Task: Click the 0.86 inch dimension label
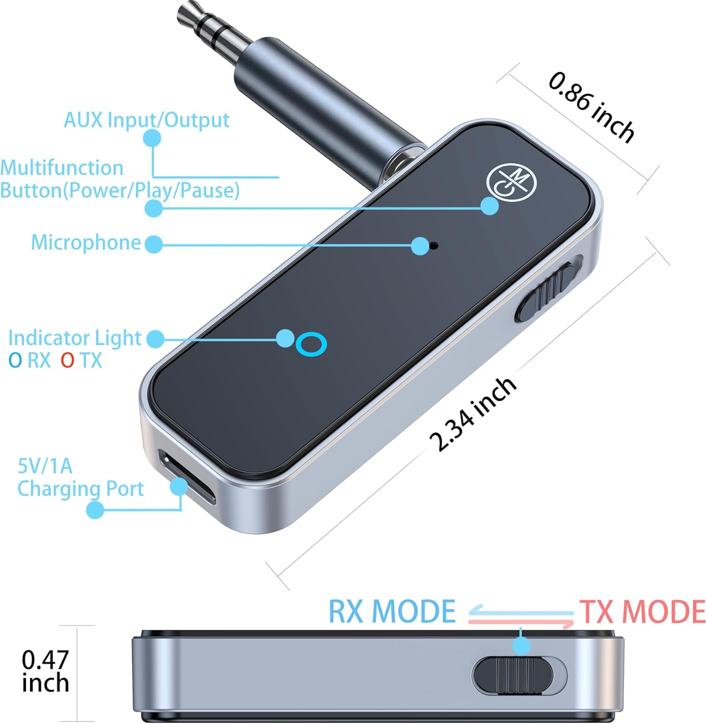tap(591, 107)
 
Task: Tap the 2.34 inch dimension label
tap(473, 414)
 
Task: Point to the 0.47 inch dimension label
tap(45, 671)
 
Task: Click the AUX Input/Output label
tap(146, 120)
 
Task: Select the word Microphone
tap(86, 242)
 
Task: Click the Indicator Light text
tap(75, 338)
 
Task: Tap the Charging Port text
tap(81, 489)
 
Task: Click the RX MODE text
tap(392, 612)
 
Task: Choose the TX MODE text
tap(642, 612)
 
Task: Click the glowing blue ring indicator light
tap(311, 344)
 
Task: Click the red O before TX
tap(68, 361)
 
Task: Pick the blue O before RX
tap(15, 361)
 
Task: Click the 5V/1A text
tap(45, 466)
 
